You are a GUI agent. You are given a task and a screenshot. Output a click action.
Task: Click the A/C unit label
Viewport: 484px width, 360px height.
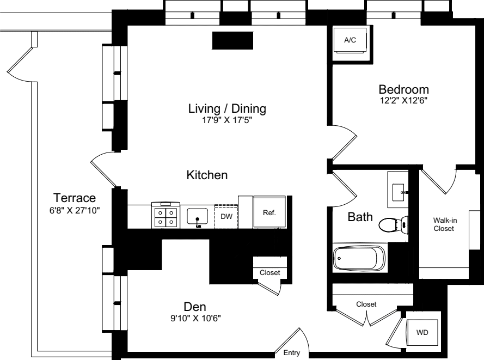[350, 40]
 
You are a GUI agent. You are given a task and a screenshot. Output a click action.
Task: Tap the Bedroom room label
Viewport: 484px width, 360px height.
[404, 89]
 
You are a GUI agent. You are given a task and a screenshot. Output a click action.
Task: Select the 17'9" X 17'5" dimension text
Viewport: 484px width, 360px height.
[227, 120]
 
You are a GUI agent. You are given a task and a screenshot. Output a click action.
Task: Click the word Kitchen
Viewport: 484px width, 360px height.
[207, 175]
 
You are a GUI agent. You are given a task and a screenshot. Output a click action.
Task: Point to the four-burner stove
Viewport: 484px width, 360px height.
[166, 216]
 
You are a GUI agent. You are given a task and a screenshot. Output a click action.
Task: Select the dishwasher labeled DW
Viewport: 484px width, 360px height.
[226, 216]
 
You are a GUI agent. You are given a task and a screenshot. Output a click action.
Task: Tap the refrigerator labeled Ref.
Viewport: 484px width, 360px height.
[269, 212]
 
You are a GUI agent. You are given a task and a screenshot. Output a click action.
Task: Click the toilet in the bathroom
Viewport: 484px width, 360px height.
[393, 224]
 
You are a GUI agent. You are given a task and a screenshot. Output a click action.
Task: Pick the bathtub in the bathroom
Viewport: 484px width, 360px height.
[359, 258]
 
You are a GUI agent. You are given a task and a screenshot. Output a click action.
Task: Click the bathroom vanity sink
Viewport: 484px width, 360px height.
[398, 192]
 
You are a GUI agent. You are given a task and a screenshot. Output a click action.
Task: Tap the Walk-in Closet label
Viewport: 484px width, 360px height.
[444, 224]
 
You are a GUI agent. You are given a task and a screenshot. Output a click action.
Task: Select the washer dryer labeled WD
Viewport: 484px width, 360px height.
[422, 333]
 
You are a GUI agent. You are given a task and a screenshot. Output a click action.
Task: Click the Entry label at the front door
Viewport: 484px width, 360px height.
[292, 352]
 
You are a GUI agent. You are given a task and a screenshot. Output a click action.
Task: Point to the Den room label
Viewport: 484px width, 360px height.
[195, 307]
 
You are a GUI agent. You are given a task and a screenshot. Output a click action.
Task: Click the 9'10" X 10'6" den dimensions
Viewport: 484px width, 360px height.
[195, 318]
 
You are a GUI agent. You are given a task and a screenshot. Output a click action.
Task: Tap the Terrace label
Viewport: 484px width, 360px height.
[75, 198]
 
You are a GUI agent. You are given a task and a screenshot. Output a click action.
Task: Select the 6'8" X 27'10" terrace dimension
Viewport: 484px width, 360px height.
[75, 211]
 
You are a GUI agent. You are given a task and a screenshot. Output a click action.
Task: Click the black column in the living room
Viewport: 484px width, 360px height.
[232, 40]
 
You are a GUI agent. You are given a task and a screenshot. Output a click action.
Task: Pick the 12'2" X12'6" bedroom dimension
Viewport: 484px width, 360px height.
[404, 100]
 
